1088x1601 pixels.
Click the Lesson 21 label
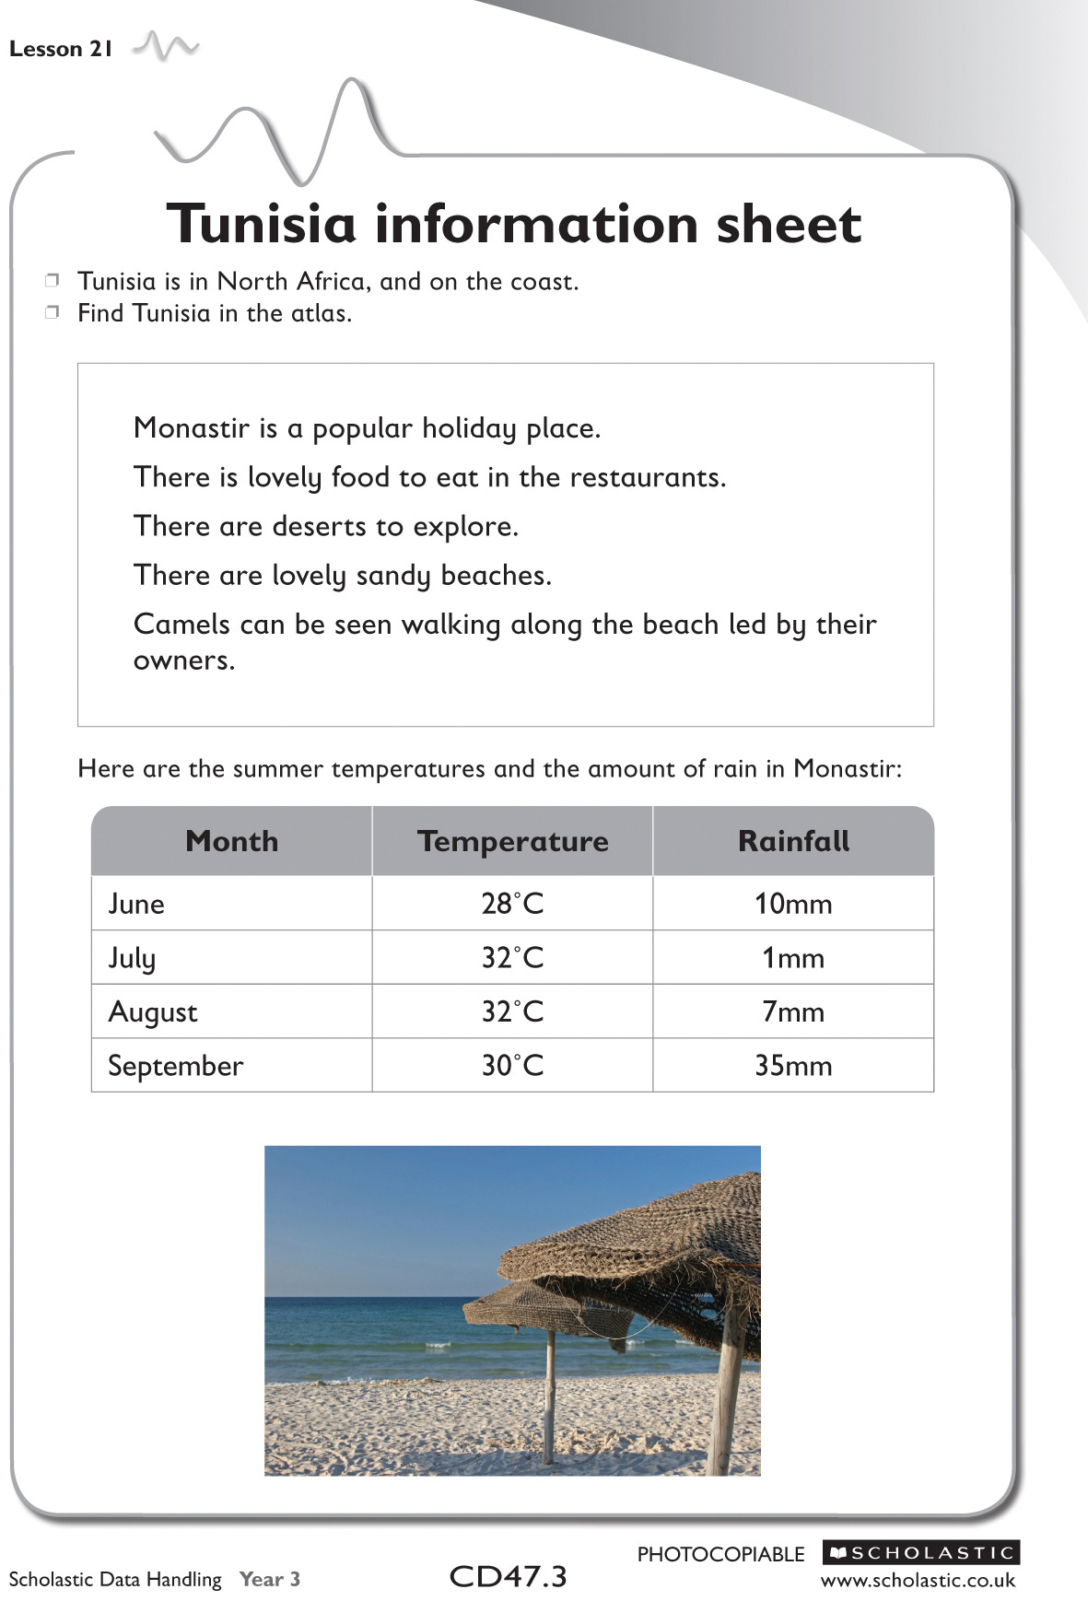coord(60,50)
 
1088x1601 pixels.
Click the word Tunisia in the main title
coord(261,224)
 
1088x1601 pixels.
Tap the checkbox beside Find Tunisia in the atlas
coord(53,312)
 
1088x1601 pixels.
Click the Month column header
coord(231,841)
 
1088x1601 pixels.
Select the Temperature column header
coord(512,841)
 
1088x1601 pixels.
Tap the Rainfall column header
coord(793,841)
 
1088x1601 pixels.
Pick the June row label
coord(136,904)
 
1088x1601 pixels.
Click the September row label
coord(176,1066)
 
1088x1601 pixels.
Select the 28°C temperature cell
coord(512,904)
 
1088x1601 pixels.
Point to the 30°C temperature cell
coord(512,1066)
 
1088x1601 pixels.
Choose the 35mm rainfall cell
coord(793,1066)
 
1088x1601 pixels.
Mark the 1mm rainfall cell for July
coord(793,958)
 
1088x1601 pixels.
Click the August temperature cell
coord(512,1012)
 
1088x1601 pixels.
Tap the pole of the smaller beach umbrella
coord(549,1400)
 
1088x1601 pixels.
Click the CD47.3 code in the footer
coord(508,1576)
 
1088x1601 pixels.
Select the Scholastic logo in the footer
coord(921,1552)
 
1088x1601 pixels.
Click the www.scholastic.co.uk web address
coord(918,1580)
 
